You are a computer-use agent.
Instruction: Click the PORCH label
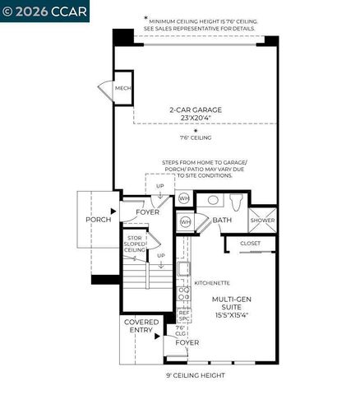tap(98, 221)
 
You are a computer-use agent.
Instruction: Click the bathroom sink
tap(211, 200)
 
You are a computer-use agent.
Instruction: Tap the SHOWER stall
tap(262, 220)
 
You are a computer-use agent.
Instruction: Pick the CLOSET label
tap(250, 244)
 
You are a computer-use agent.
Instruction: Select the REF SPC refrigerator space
tap(184, 315)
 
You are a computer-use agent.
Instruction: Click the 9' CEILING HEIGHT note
tap(196, 375)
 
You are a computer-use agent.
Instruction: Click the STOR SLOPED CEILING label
tap(136, 246)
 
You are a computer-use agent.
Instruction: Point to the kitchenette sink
tap(184, 268)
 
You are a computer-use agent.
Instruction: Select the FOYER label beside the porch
tap(148, 211)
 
